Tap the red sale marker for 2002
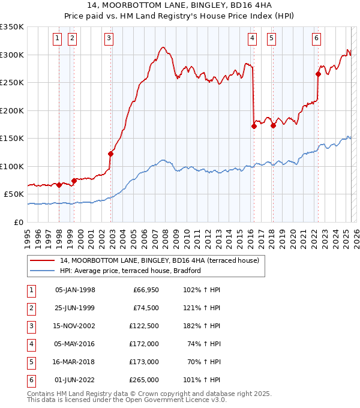[x=111, y=154]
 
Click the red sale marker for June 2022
[x=318, y=74]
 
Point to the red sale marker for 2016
[x=254, y=126]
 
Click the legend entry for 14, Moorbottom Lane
[x=159, y=260]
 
